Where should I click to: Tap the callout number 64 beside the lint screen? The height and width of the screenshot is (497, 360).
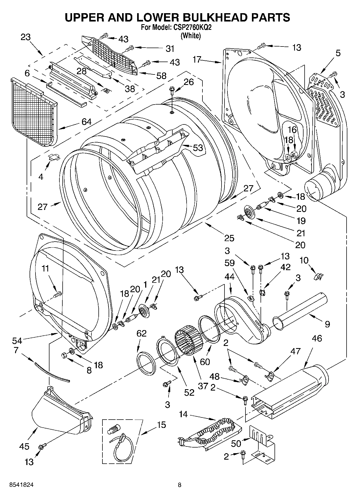point(86,122)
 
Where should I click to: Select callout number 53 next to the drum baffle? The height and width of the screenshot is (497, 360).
point(198,148)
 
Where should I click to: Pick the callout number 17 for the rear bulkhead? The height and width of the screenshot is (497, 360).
point(197,59)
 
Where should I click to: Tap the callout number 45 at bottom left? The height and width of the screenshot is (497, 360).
point(24,447)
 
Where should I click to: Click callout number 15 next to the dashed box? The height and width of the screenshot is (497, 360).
point(162,425)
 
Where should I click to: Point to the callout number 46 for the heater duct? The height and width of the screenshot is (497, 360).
point(317,338)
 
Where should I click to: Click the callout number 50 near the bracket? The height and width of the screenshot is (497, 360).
point(236,443)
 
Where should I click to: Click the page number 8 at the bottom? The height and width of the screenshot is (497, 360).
point(180,485)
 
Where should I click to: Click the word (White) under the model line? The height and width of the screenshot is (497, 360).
point(191,35)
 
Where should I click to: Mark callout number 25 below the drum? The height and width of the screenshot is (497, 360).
point(229,238)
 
